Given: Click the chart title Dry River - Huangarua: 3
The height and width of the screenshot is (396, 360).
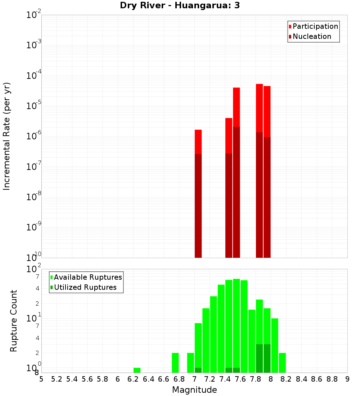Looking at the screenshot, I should pos(180,5).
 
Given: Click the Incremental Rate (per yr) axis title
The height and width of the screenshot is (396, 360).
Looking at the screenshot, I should pos(7,136).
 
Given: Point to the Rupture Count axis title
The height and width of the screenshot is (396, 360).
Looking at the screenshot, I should pos(14,321).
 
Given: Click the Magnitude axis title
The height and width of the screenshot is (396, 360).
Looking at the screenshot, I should pos(194,390).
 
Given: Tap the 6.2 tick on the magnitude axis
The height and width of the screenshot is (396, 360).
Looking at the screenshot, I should pos(133,379).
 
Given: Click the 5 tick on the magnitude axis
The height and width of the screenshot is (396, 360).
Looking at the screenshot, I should pos(41,379).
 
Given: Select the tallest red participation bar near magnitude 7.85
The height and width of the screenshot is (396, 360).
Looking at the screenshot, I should pos(259,108).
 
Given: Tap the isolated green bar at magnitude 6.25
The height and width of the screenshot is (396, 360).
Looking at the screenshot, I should pos(137,370).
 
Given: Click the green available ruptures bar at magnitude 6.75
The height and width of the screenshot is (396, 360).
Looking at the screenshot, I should pos(175,363).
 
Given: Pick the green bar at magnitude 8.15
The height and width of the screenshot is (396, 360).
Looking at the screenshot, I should pos(282,363).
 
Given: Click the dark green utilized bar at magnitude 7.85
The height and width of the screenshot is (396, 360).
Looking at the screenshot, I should pos(259,358).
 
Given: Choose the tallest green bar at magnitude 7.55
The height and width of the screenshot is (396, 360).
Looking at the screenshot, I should pos(236,324).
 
